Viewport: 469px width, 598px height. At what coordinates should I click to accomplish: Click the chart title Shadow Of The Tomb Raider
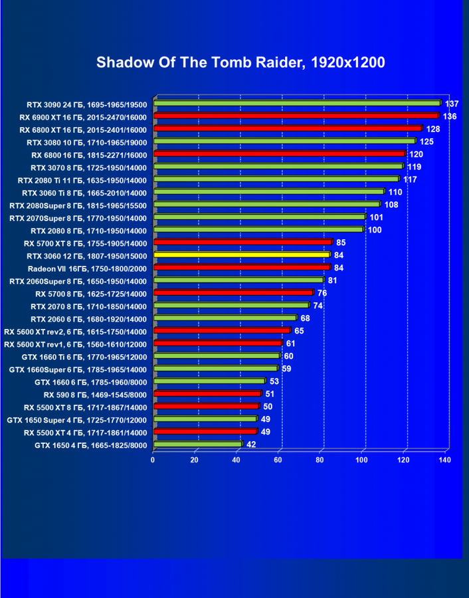[240, 62]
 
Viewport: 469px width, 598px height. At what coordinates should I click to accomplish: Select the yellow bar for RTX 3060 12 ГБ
[242, 254]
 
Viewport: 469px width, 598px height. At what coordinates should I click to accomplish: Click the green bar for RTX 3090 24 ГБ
[297, 103]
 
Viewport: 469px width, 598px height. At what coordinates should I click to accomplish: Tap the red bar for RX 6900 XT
[296, 116]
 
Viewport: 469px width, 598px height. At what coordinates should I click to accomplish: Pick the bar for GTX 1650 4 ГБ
[198, 444]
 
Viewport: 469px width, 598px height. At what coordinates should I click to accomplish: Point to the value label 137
[452, 104]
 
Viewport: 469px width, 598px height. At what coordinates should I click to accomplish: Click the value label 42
[251, 445]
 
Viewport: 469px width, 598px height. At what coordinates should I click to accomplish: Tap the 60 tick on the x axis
[278, 460]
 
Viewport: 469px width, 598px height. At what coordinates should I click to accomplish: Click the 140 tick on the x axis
[444, 460]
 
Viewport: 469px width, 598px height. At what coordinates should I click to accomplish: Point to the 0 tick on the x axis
[153, 460]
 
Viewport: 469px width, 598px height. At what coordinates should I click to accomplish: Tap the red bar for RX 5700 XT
[242, 242]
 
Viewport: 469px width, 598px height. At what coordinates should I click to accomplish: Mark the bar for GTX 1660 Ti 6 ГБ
[217, 355]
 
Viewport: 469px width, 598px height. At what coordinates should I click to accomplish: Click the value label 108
[391, 205]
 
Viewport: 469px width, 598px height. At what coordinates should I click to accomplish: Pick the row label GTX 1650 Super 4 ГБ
[76, 420]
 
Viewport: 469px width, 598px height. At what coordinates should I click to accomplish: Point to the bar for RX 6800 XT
[288, 128]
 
